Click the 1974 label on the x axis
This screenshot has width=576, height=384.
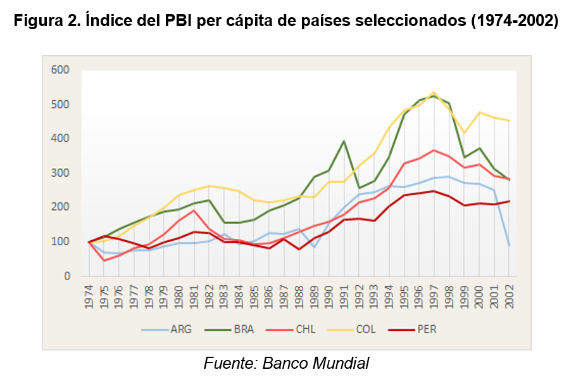[89, 295]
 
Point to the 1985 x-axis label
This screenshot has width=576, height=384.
[254, 295]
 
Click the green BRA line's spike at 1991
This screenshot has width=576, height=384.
[344, 141]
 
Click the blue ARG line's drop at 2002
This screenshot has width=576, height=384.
[510, 245]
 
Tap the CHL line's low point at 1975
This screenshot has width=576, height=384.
[104, 260]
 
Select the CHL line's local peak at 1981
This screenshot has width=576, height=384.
[194, 210]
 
